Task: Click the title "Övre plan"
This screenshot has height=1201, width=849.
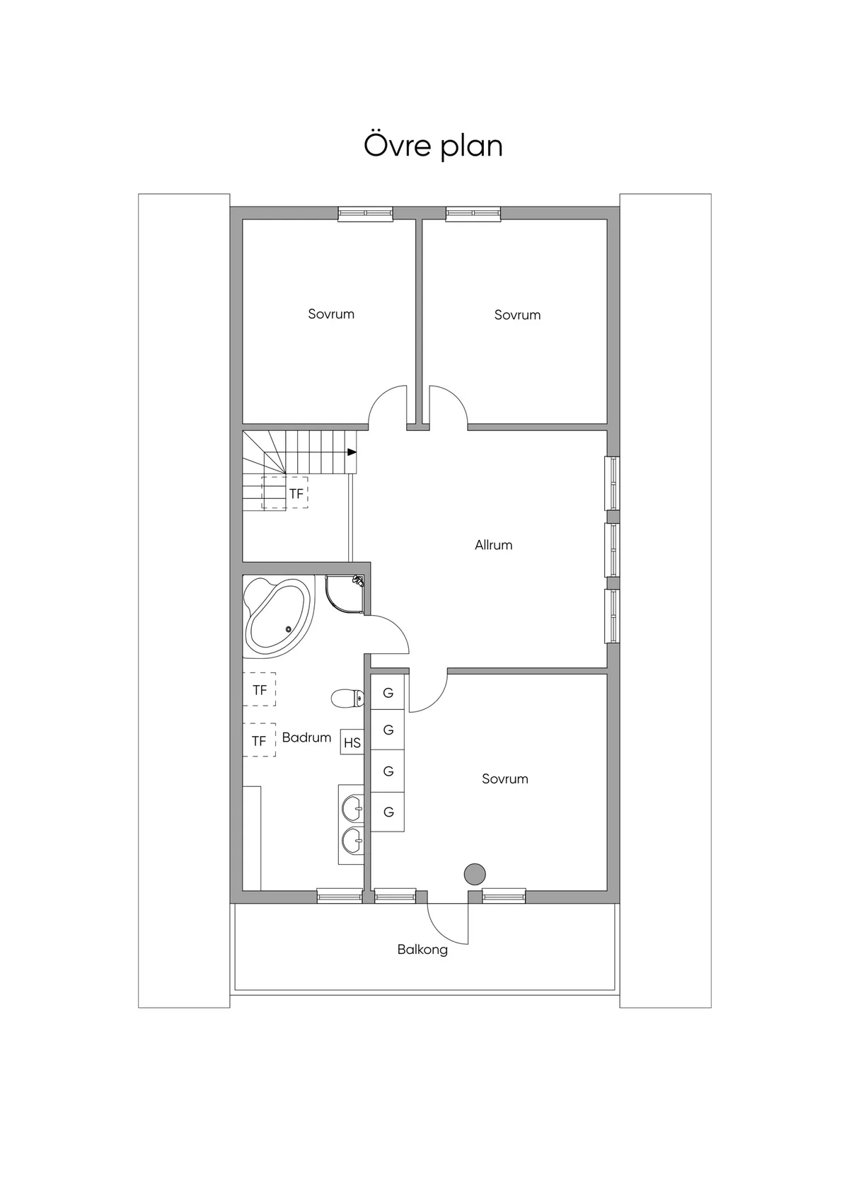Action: click(x=433, y=146)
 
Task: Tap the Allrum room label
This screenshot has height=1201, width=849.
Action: click(x=493, y=545)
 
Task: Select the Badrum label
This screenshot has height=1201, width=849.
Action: click(x=306, y=737)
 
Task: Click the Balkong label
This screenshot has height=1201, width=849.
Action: click(x=422, y=949)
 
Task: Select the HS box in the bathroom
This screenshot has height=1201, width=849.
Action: click(x=352, y=742)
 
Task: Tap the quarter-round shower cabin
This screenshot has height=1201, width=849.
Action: click(x=345, y=595)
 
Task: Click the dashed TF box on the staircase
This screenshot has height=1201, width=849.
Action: click(x=286, y=493)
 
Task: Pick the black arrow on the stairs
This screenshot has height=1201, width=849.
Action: click(x=351, y=452)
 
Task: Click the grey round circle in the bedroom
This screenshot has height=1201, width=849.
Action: click(x=474, y=874)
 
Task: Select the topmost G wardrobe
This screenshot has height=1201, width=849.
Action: click(x=388, y=693)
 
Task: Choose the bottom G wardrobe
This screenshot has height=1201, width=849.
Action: click(x=388, y=812)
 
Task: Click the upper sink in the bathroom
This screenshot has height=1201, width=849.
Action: click(x=352, y=805)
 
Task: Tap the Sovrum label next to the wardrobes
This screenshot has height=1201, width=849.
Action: click(x=504, y=778)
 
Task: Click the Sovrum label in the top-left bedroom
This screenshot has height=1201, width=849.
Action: click(x=331, y=314)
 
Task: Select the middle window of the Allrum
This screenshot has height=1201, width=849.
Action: click(x=612, y=550)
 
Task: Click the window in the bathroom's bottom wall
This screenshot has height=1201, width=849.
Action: click(x=339, y=896)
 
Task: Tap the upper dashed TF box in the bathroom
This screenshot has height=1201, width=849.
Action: click(x=259, y=689)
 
